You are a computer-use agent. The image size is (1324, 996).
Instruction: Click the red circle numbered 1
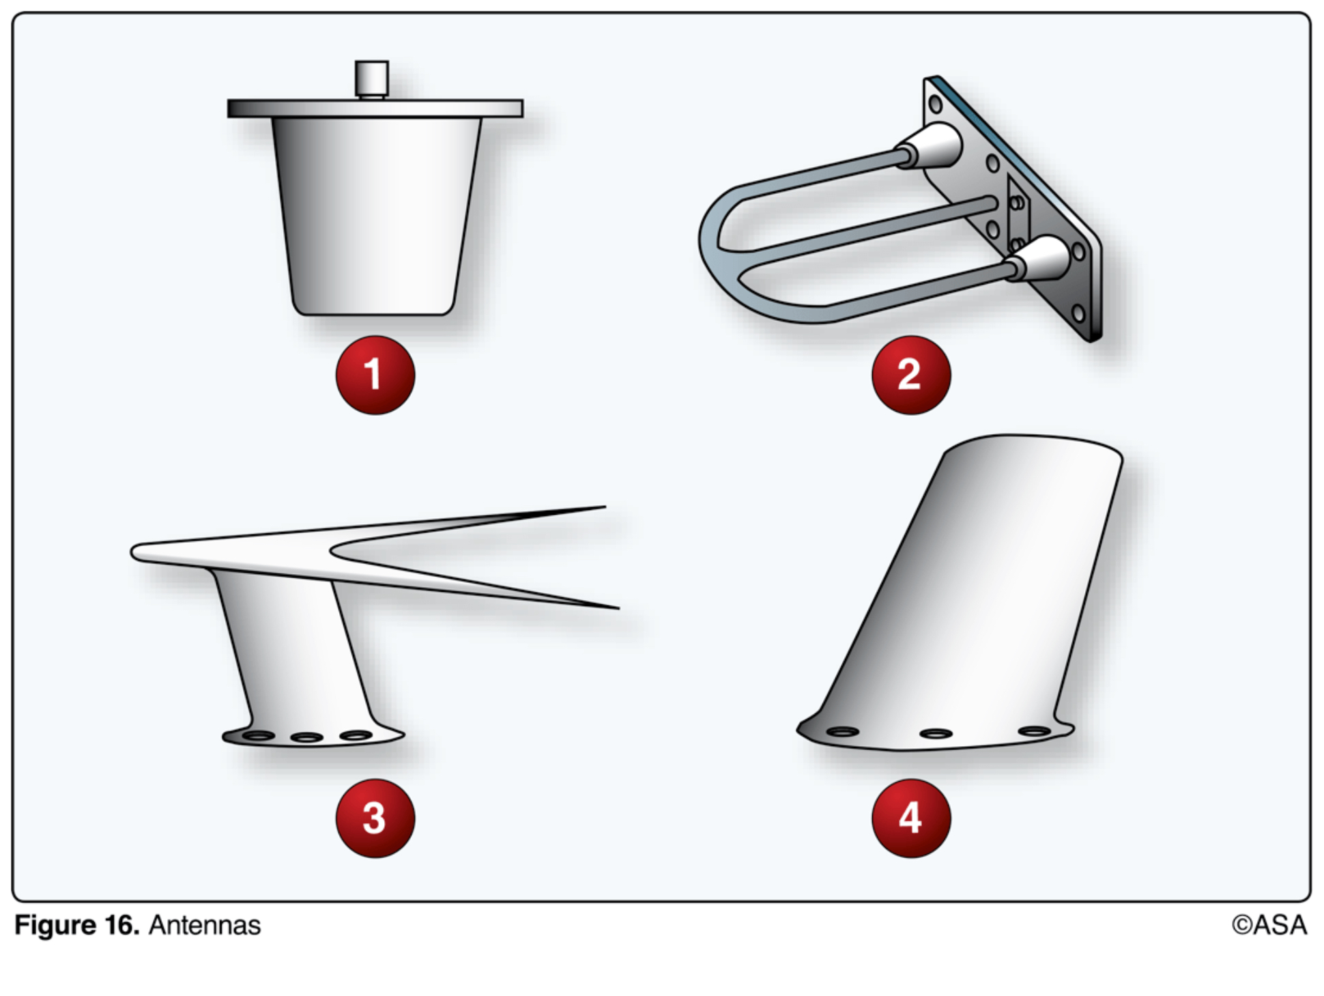375,375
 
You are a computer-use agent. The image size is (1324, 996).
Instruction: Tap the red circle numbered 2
911,375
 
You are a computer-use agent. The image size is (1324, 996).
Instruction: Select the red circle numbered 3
375,818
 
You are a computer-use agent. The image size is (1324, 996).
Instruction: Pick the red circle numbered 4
911,818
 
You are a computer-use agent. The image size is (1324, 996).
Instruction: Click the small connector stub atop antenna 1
371,80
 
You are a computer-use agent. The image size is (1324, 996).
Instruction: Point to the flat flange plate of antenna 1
375,109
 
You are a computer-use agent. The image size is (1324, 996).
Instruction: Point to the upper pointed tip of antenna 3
605,507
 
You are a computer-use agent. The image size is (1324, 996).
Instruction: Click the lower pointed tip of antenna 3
618,608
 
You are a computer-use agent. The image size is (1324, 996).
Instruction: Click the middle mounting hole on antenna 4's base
936,734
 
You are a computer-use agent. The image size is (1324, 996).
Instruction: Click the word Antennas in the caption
205,926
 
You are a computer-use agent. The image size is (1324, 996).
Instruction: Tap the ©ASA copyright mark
1269,926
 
